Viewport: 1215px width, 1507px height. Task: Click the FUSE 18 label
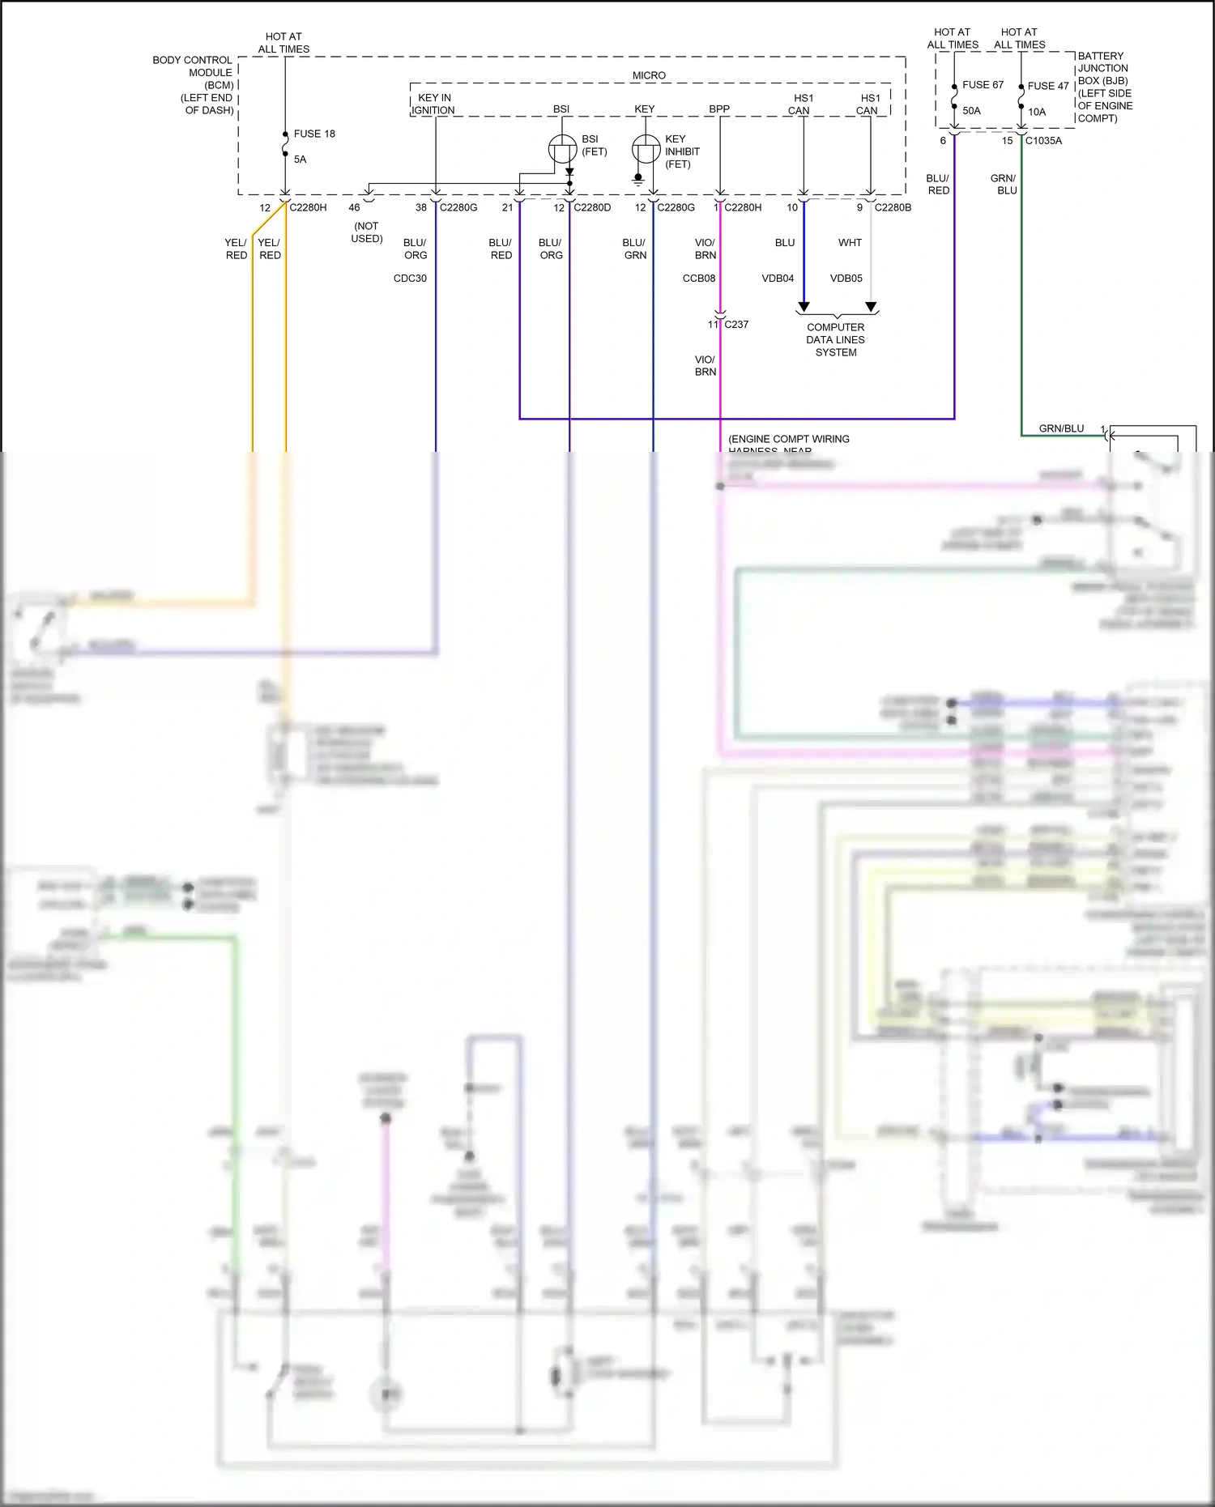point(314,134)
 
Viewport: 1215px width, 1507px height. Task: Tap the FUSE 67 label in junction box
point(983,84)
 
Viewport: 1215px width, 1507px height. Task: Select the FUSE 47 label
point(1048,86)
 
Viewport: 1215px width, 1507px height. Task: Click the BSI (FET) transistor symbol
point(562,150)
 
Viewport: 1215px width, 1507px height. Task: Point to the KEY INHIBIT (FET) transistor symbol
point(646,150)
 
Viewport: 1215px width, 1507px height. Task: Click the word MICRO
point(649,75)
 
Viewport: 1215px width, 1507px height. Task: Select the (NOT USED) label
point(366,232)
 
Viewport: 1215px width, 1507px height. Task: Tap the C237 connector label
point(736,324)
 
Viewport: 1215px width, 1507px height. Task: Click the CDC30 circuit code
point(410,278)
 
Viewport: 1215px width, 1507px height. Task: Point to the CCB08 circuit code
point(699,278)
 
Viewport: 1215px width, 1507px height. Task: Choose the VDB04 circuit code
point(778,278)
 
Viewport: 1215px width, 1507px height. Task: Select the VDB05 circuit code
point(846,278)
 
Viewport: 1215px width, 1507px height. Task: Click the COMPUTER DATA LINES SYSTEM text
point(835,340)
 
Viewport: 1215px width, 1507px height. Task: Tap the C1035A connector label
point(1043,140)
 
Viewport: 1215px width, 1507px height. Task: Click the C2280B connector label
point(893,207)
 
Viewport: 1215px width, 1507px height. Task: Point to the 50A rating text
point(971,111)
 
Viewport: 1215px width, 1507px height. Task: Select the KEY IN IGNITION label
point(433,104)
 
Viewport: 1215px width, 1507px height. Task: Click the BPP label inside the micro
point(718,109)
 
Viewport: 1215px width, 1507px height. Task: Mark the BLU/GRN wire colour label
point(634,249)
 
